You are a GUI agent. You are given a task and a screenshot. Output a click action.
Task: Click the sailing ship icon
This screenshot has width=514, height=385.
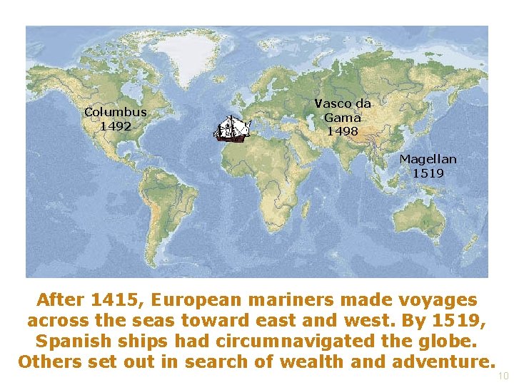click(x=234, y=129)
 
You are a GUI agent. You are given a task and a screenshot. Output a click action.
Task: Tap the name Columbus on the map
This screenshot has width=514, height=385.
click(x=115, y=112)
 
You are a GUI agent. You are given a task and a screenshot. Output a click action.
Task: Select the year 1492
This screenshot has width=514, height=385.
click(x=115, y=126)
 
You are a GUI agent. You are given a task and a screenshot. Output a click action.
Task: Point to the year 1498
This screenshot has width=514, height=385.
click(x=343, y=131)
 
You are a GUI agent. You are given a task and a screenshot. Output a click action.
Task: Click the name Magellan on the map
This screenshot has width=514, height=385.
click(x=428, y=159)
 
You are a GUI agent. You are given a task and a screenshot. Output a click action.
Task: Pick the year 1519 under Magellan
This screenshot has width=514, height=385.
click(x=428, y=173)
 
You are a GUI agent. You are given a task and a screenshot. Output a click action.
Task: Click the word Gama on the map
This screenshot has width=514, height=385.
click(x=343, y=118)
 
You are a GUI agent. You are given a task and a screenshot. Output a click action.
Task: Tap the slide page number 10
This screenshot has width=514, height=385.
click(x=503, y=376)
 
